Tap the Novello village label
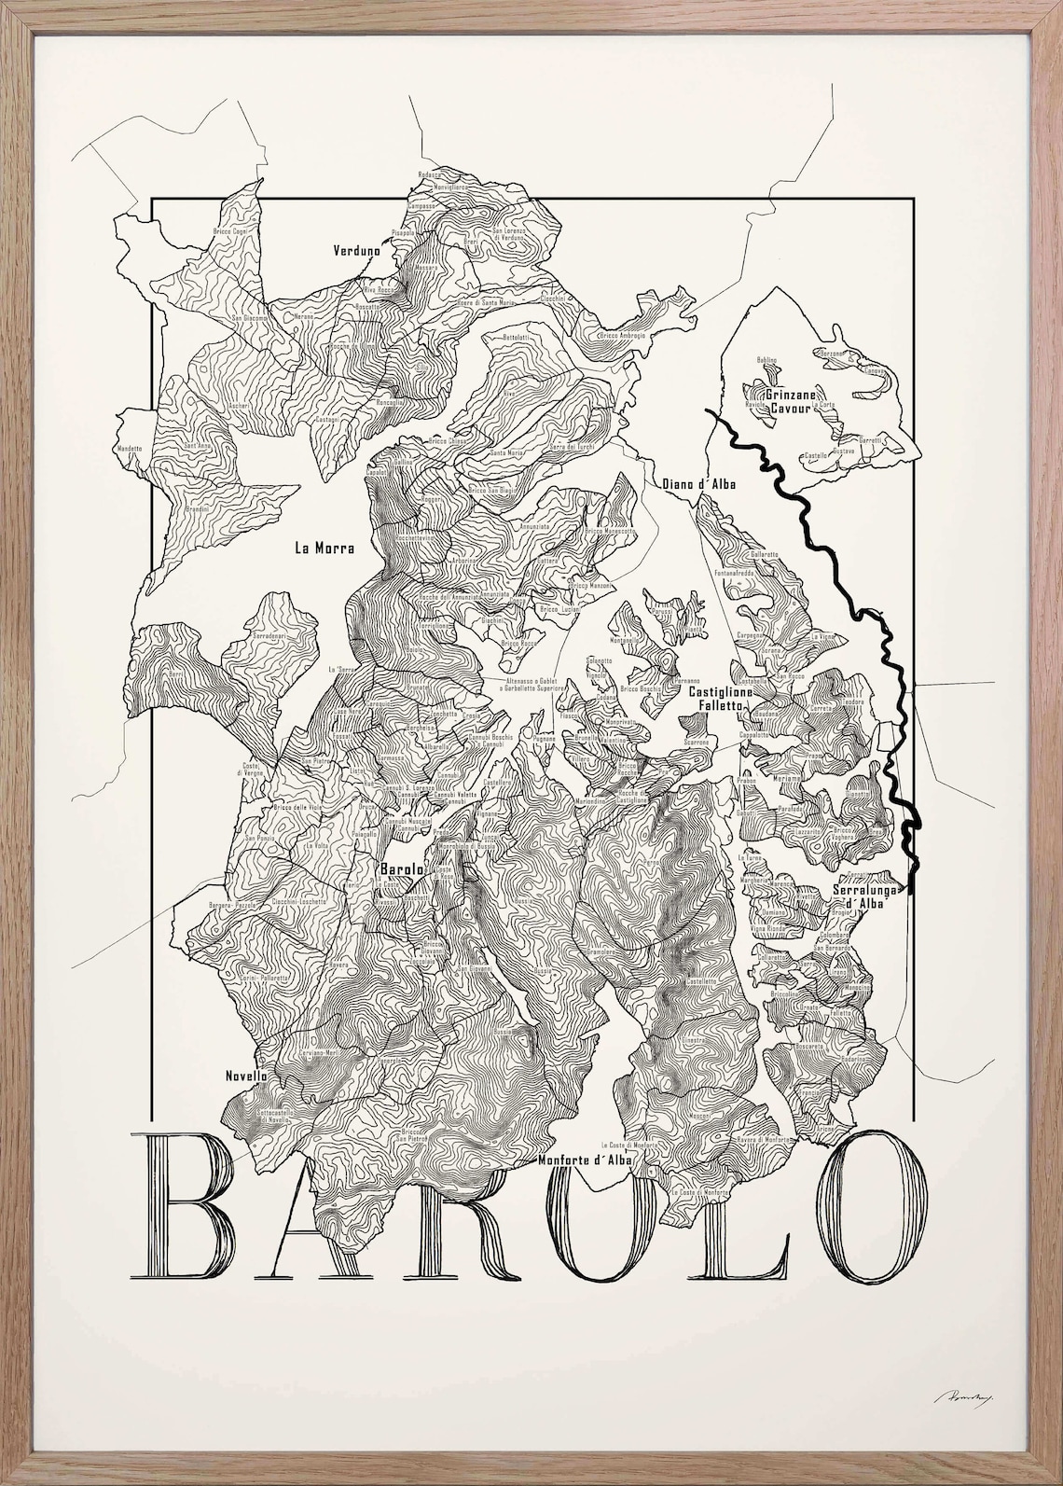246,1076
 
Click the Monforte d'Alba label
586,1160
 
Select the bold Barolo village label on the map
402,868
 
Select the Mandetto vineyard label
130,449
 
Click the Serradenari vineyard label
273,635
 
